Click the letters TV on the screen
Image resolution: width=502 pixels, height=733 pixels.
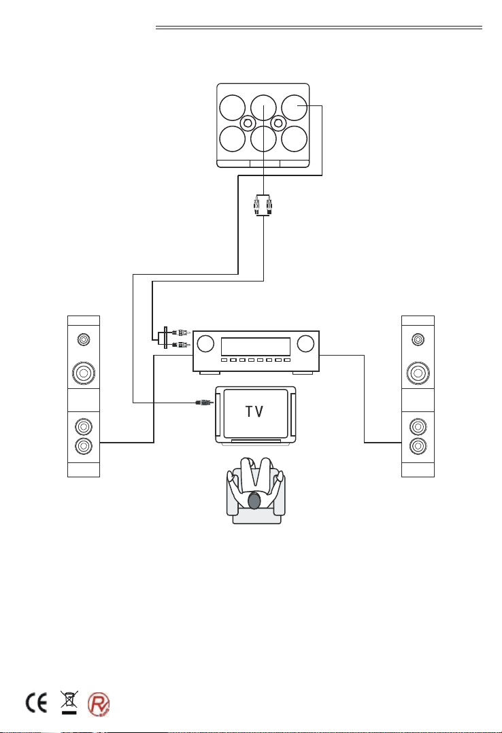pyautogui.click(x=254, y=411)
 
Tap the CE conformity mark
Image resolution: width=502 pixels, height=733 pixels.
pyautogui.click(x=36, y=703)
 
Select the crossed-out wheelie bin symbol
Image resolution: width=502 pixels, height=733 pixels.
pyautogui.click(x=69, y=702)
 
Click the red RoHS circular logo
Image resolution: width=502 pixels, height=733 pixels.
pyautogui.click(x=99, y=704)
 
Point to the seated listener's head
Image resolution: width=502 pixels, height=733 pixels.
pyautogui.click(x=254, y=500)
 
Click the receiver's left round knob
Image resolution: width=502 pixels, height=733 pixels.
pyautogui.click(x=206, y=343)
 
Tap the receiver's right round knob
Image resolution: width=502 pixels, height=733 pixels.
pyautogui.click(x=305, y=343)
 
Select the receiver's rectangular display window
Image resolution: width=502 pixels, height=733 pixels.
pyautogui.click(x=256, y=347)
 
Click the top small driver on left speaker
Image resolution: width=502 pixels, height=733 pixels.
pyautogui.click(x=84, y=339)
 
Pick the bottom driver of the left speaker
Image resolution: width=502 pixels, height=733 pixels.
pyautogui.click(x=84, y=446)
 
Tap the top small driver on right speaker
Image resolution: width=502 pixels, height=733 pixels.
pyautogui.click(x=418, y=339)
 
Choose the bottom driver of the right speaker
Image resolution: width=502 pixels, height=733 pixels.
pyautogui.click(x=418, y=446)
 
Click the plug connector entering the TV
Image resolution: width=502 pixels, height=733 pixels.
pyautogui.click(x=205, y=402)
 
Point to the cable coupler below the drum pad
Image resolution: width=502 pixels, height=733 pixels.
pyautogui.click(x=263, y=205)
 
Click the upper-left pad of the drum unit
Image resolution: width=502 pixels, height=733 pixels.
pyautogui.click(x=233, y=107)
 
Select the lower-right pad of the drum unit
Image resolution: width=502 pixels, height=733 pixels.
pyautogui.click(x=295, y=139)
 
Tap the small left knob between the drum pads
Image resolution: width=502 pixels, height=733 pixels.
pyautogui.click(x=248, y=123)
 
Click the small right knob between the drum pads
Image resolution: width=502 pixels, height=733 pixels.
pyautogui.click(x=278, y=123)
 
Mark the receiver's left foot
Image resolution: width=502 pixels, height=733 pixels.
pyautogui.click(x=210, y=373)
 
